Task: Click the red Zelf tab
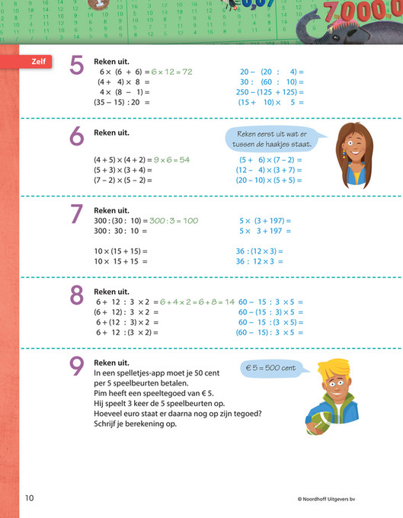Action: click(x=37, y=62)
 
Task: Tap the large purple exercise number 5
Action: click(x=77, y=66)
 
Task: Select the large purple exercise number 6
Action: click(x=77, y=137)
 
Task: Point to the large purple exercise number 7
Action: click(x=77, y=214)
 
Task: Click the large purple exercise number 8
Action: click(x=77, y=296)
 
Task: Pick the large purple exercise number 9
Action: click(x=77, y=367)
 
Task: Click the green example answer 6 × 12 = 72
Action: click(x=171, y=72)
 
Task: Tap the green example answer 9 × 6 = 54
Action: click(x=171, y=160)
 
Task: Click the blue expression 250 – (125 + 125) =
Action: click(x=270, y=91)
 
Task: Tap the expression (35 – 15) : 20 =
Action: click(x=122, y=101)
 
